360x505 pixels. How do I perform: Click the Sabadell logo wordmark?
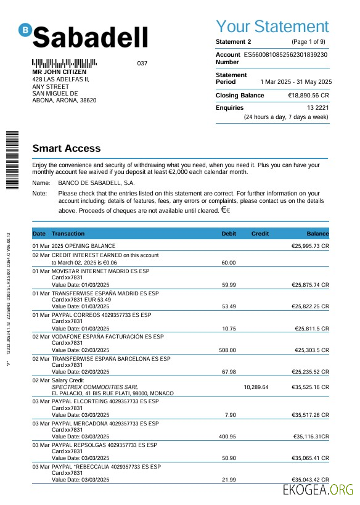point(90,37)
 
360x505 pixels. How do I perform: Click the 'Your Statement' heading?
point(272,27)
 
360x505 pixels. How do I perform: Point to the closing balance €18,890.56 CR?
point(308,96)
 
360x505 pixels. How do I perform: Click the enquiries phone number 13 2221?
point(318,108)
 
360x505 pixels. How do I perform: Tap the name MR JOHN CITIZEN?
point(59,72)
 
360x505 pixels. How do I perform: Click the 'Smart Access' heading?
point(66,149)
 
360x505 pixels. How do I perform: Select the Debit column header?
point(229,234)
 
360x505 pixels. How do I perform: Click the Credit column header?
point(260,234)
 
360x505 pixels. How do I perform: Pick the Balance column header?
point(317,234)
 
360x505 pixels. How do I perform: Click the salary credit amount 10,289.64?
point(256,387)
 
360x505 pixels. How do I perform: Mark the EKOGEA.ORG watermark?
point(317,490)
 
